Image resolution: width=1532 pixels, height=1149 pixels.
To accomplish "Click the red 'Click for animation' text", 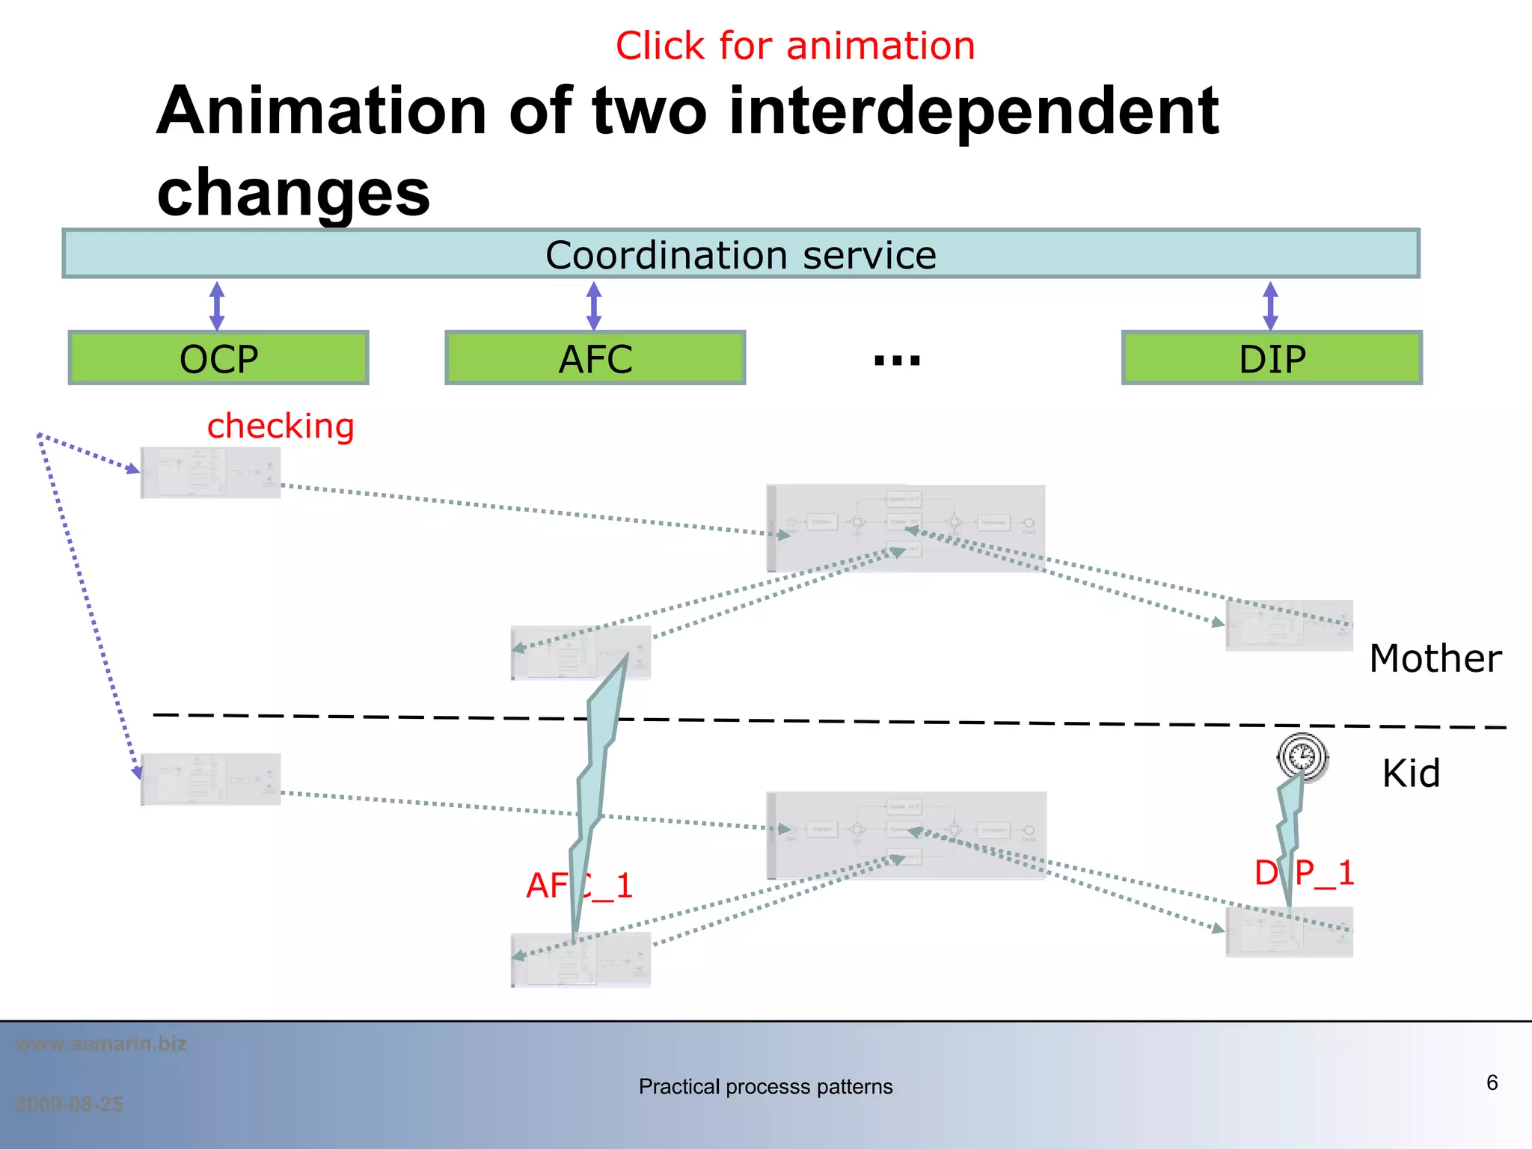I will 794,46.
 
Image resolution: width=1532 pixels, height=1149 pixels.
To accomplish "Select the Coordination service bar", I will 741,254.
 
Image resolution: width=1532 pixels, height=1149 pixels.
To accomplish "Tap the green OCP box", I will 218,358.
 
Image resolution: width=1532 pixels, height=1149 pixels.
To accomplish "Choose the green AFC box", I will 595,358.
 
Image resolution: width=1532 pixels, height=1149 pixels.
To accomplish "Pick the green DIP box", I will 1272,358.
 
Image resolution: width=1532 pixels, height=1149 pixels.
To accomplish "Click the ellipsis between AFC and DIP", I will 897,361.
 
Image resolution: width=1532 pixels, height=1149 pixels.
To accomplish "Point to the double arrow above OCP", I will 217,305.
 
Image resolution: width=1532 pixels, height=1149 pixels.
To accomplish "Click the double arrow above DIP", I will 1270,305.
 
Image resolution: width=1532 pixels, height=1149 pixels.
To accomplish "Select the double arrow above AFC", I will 594,305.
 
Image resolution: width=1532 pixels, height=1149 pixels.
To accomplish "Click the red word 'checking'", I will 281,426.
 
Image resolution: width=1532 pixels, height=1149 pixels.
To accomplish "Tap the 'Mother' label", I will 1435,659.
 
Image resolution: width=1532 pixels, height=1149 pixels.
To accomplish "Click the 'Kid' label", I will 1411,773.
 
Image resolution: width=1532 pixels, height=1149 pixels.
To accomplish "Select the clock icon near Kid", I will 1302,756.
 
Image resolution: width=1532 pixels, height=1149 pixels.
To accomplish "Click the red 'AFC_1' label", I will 580,886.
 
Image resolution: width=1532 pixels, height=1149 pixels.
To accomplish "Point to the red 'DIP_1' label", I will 1304,873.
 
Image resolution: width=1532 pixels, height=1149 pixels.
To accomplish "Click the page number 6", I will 1492,1082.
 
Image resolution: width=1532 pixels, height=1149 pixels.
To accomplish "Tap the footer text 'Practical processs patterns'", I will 765,1086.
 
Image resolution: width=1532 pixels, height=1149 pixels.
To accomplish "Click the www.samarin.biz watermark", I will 101,1044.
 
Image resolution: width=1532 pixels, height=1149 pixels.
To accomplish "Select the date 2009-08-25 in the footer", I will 69,1104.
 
